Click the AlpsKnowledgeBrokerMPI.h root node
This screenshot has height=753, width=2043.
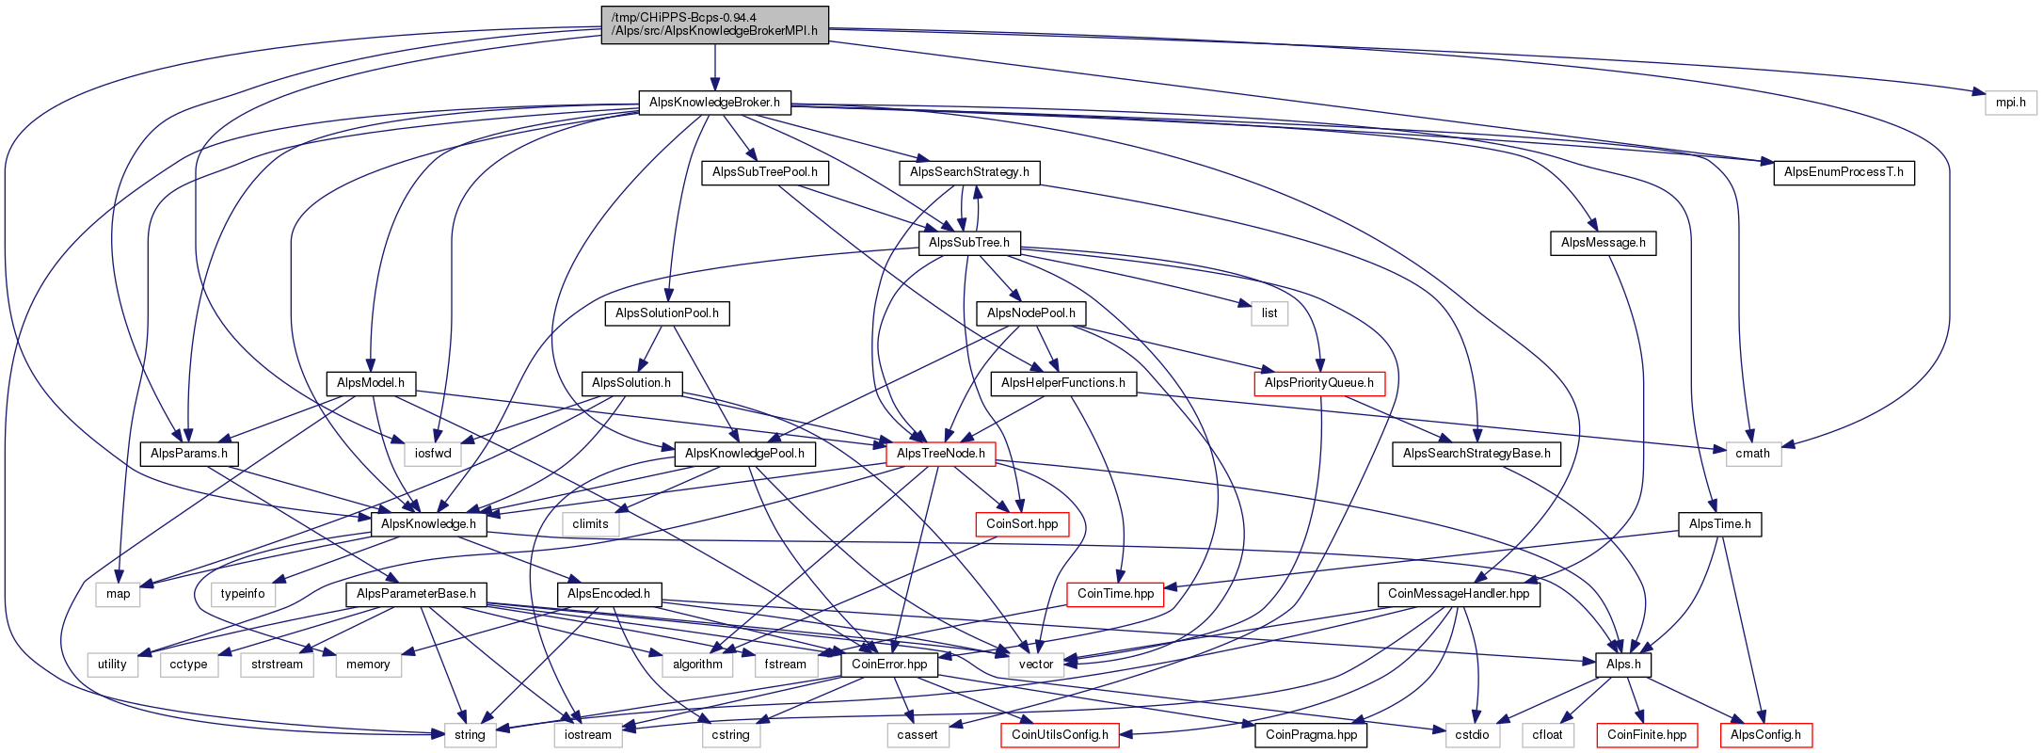pos(715,24)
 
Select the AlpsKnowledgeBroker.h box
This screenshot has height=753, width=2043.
pos(715,103)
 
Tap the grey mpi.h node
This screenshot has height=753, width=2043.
pos(2011,103)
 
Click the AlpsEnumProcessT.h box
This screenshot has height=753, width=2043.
pos(1843,172)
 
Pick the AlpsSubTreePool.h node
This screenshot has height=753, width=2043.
pos(765,172)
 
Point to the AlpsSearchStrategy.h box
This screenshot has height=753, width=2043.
pos(969,172)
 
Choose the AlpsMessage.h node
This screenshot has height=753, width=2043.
pos(1604,243)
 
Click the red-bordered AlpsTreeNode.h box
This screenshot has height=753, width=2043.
pos(941,454)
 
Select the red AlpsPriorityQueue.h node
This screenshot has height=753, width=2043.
pos(1319,383)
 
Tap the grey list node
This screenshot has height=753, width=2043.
pos(1269,313)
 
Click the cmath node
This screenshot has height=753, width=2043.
pos(1753,454)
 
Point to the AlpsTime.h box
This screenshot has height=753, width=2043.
pos(1720,524)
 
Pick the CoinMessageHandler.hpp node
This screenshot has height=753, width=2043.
pos(1459,594)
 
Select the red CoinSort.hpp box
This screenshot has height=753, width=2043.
pos(1022,524)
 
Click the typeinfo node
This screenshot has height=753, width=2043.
pos(243,594)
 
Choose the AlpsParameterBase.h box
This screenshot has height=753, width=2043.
pos(416,594)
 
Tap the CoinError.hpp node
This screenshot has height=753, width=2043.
pos(889,665)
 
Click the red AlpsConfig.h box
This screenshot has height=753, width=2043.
pos(1765,735)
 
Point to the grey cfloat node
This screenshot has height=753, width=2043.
pos(1547,735)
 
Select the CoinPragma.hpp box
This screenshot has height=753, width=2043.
pos(1311,735)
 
